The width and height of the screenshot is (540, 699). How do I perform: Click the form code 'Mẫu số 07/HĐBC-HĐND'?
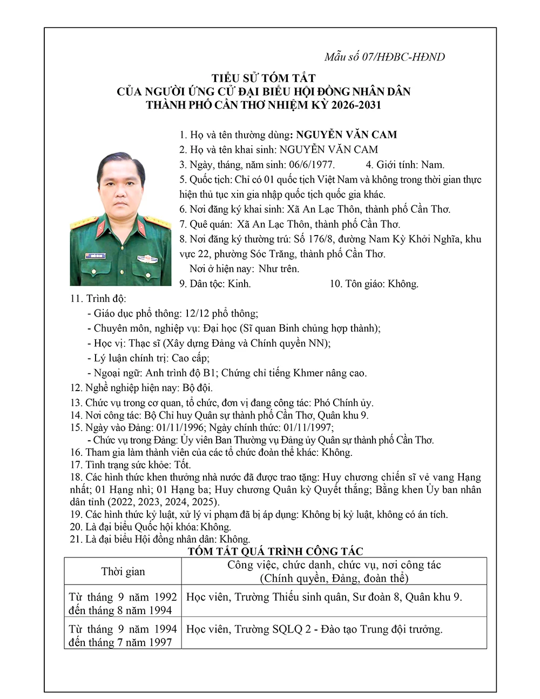(x=384, y=57)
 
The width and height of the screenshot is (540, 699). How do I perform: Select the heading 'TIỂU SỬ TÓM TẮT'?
(x=264, y=78)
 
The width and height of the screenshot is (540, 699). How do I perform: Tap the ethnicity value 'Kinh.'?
(x=239, y=284)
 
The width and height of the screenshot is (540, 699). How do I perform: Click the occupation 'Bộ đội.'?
(x=198, y=388)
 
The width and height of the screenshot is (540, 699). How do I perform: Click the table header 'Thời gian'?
(x=123, y=572)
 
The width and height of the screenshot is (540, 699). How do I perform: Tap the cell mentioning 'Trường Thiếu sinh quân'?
(x=324, y=597)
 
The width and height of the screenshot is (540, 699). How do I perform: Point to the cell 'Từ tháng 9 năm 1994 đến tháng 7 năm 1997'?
(x=123, y=636)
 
